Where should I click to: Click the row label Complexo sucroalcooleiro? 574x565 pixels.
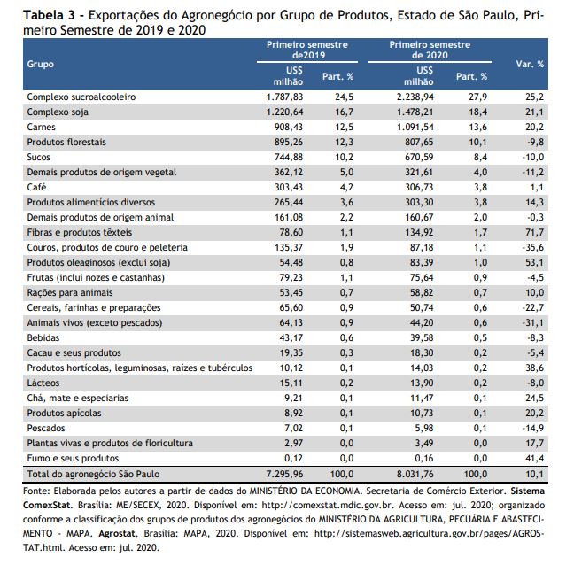point(81,97)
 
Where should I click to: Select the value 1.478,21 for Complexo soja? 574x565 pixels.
point(415,112)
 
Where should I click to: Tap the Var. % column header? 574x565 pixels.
point(530,64)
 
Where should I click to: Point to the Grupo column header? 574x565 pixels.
point(40,64)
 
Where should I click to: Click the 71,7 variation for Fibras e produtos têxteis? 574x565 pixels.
point(534,232)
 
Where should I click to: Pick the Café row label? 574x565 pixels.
point(36,187)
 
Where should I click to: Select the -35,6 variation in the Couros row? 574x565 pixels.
point(532,247)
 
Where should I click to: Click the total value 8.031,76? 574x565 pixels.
point(415,475)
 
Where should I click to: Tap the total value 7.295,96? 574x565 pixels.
point(285,475)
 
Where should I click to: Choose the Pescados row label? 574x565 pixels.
point(46,428)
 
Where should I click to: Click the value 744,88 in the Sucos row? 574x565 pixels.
point(289,157)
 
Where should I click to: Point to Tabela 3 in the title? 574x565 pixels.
point(50,15)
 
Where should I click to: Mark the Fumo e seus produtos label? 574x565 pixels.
point(73,458)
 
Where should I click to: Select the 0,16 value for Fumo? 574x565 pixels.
point(424,458)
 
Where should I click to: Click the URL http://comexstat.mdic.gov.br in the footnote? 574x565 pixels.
point(328,506)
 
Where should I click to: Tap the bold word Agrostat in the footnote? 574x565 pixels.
point(117,533)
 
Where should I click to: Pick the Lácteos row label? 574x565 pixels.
point(43,383)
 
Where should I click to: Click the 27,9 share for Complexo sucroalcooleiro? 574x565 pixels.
point(478,97)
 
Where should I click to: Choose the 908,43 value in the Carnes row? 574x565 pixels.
point(289,127)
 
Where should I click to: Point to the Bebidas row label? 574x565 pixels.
point(43,337)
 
